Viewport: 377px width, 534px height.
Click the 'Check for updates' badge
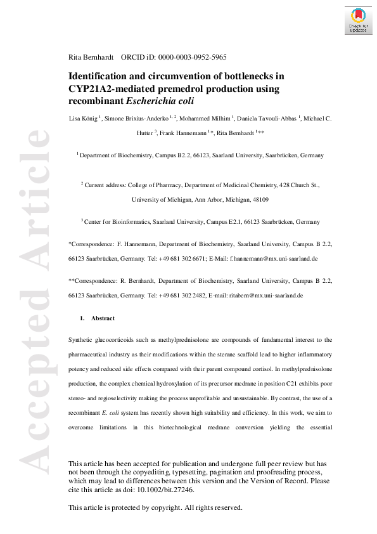pyautogui.click(x=358, y=20)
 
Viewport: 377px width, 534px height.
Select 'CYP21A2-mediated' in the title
pyautogui.click(x=108, y=88)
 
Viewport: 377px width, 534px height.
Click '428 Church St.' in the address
pyautogui.click(x=298, y=184)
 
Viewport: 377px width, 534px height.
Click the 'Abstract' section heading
pyautogui.click(x=103, y=318)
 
